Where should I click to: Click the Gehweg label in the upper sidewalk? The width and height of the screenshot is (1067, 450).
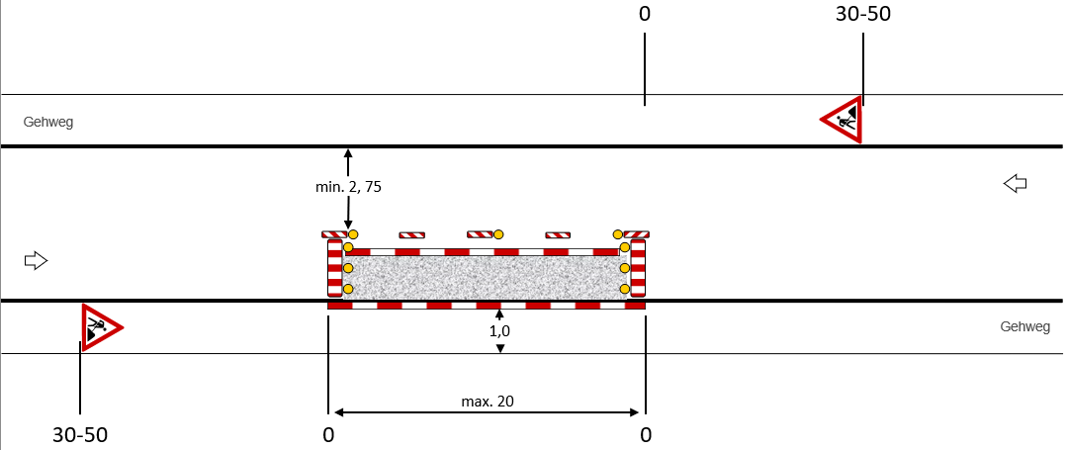tap(48, 123)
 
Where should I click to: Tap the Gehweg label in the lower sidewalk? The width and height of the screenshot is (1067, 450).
tap(1025, 326)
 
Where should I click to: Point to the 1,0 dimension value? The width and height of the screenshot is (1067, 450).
tap(500, 331)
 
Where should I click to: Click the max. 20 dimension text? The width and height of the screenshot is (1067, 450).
tap(487, 401)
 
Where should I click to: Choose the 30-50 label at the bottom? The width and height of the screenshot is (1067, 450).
tap(80, 435)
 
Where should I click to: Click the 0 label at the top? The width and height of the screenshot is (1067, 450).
tap(645, 14)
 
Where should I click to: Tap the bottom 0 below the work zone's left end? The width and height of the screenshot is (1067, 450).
tap(328, 435)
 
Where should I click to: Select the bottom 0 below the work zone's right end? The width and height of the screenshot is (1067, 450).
tap(645, 435)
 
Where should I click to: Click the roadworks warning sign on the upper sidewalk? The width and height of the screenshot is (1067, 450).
tap(844, 120)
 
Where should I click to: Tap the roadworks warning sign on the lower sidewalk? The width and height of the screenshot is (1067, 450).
tap(100, 326)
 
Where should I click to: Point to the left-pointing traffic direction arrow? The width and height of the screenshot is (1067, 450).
tap(1016, 183)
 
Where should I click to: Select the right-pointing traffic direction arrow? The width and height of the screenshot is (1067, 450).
tap(36, 260)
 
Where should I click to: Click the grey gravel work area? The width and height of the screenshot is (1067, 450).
tap(486, 277)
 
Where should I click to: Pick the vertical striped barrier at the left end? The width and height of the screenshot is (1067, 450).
tap(334, 267)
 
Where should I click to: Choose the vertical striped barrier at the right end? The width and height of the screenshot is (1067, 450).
tap(638, 267)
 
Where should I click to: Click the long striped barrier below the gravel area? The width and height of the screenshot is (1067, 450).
tap(486, 306)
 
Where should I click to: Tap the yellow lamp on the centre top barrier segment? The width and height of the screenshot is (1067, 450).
tap(498, 234)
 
